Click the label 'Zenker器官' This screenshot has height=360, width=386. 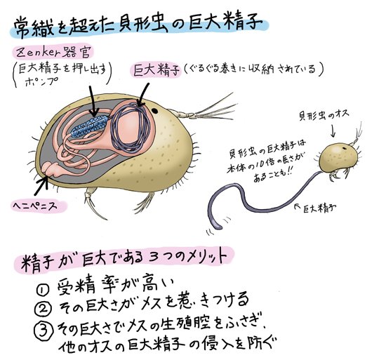click(54, 53)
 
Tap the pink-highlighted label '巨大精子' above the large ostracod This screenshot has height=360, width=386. click(156, 70)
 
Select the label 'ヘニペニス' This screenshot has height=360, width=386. click(35, 206)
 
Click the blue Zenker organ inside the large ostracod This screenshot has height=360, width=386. click(90, 126)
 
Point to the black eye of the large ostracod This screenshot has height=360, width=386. click(154, 111)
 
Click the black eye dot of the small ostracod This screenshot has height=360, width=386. click(344, 148)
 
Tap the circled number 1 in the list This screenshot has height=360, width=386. click(43, 290)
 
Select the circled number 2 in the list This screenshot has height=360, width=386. click(43, 309)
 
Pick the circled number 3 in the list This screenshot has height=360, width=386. click(44, 329)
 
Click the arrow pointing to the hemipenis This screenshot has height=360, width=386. click(41, 187)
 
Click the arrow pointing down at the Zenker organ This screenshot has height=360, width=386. click(93, 101)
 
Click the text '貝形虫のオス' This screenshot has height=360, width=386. click(324, 115)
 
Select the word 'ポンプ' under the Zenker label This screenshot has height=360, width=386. click(39, 81)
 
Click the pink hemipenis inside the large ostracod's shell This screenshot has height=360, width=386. click(52, 170)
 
